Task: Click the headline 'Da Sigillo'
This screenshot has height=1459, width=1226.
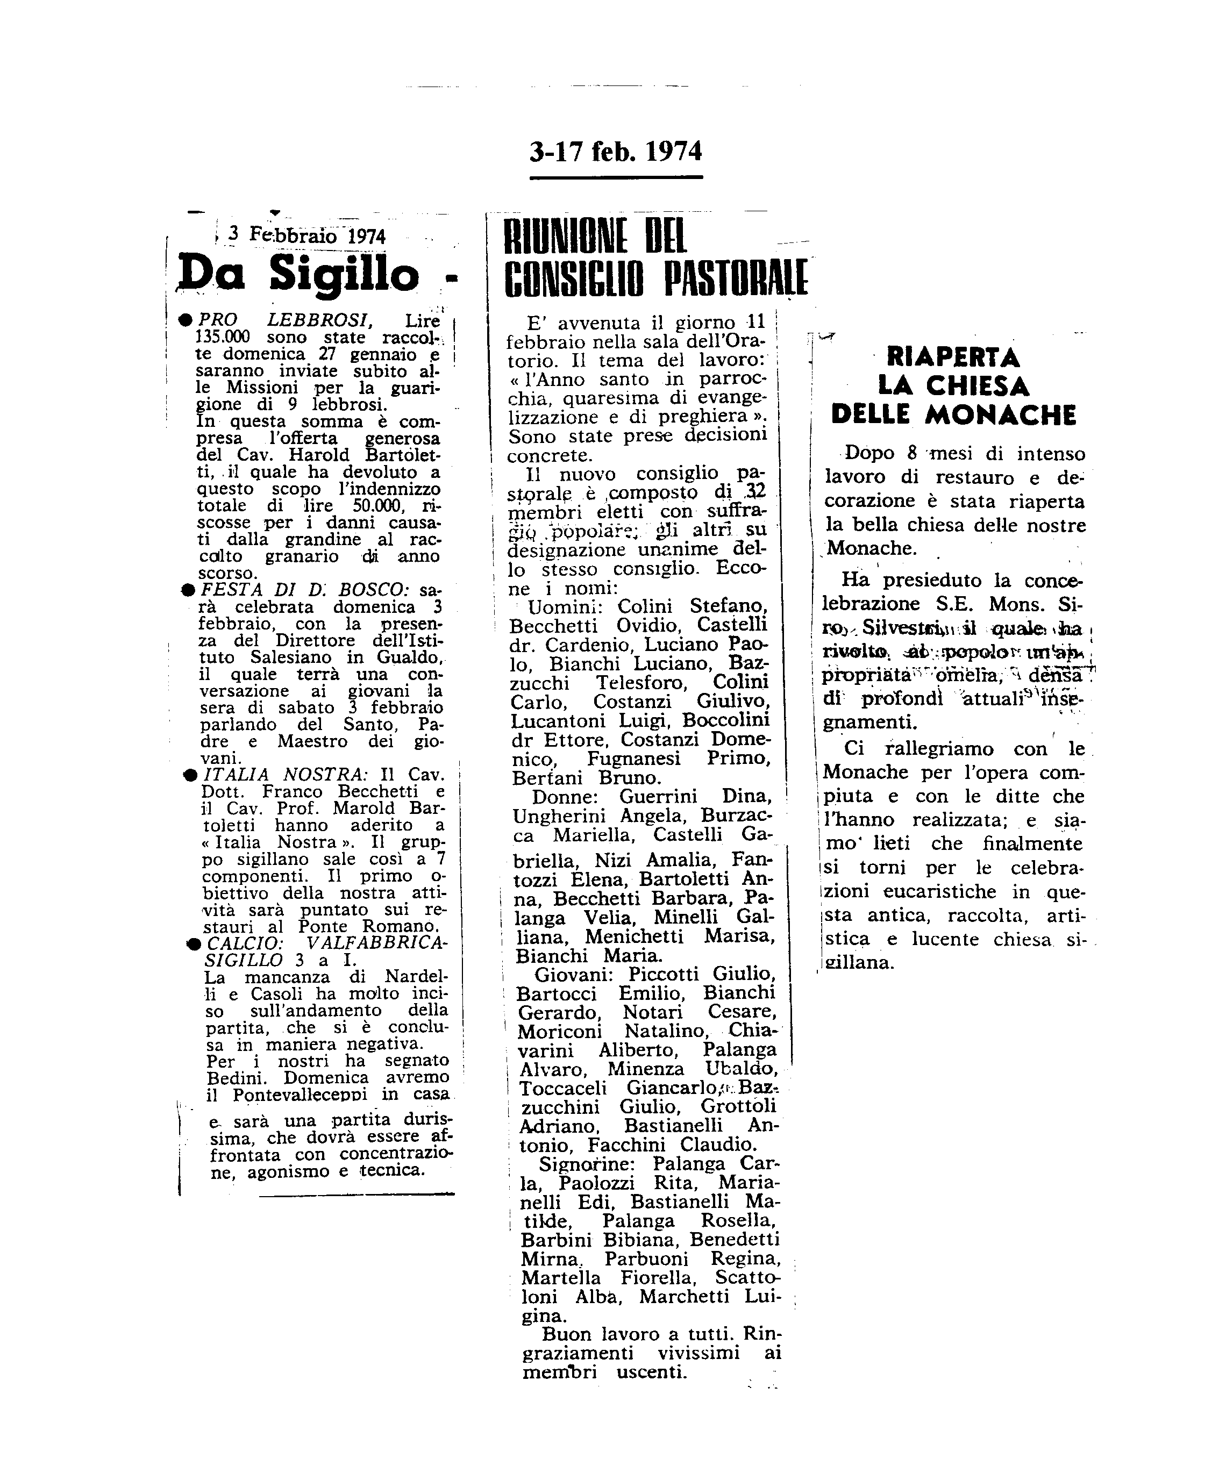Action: (x=299, y=274)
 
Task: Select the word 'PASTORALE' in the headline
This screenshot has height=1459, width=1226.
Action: (x=736, y=278)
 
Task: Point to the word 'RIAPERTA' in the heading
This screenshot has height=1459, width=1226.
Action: (x=953, y=358)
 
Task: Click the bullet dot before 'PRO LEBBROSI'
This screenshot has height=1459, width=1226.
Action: (x=186, y=320)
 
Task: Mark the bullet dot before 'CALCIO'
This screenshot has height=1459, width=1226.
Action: (x=194, y=943)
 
